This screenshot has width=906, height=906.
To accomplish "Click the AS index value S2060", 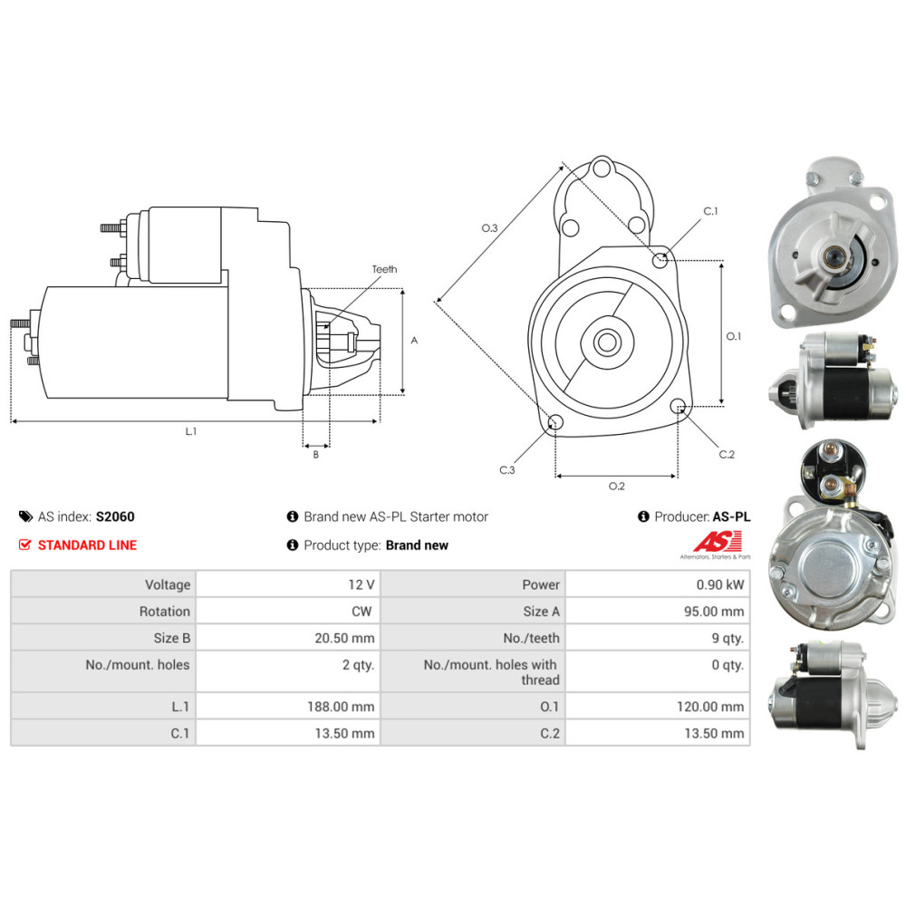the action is point(115,516).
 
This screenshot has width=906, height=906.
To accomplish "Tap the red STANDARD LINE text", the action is point(87,545).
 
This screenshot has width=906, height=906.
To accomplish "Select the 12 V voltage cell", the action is point(361,584).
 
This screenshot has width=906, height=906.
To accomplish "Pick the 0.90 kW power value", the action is point(720,584).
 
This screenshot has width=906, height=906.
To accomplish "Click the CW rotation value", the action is point(361,612).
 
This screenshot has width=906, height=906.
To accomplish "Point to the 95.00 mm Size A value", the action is point(714,612).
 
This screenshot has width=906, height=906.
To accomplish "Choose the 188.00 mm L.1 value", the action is point(341,707).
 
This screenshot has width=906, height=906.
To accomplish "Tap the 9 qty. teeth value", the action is point(728,638).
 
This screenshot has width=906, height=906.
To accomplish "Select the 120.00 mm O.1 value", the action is point(710,707).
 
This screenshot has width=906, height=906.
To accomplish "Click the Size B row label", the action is point(171,638).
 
